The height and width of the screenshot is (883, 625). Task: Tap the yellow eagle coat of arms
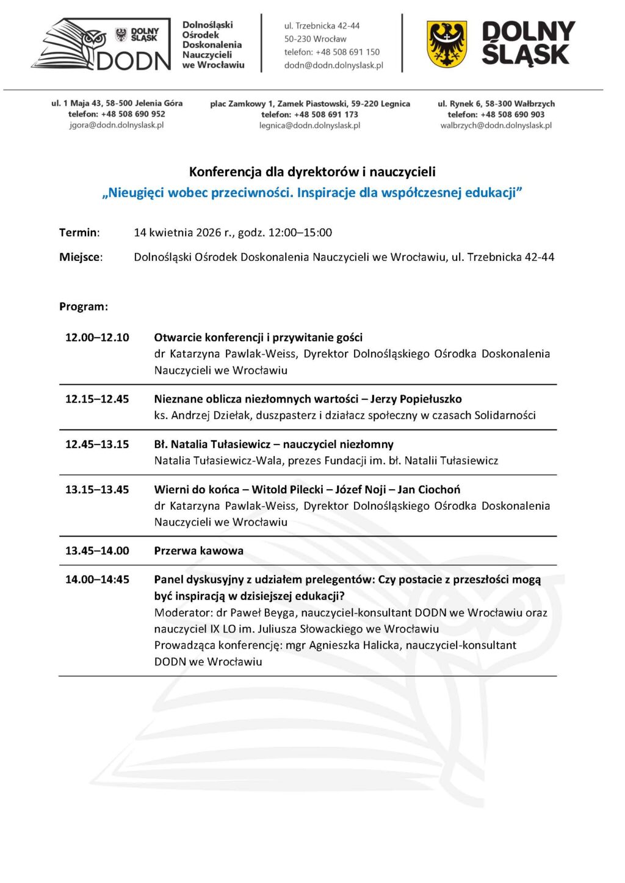447,44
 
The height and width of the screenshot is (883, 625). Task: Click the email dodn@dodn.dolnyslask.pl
333,65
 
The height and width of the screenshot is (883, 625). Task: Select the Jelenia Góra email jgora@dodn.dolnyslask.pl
117,125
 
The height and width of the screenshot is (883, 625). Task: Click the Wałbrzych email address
496,125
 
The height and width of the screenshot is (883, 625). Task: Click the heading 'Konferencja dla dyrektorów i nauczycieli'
312,172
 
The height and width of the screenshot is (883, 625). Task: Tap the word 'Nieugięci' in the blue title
137,193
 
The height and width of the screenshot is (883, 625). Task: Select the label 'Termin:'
79,232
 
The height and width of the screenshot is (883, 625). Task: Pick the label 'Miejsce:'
81,257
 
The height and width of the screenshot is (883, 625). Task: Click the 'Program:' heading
84,306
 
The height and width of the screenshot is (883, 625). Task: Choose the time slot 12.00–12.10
97,337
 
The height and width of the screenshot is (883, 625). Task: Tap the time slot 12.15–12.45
97,399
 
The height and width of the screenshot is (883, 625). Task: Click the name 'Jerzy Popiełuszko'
416,399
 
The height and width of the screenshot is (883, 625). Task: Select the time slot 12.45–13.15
97,444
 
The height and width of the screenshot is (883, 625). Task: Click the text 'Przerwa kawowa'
198,551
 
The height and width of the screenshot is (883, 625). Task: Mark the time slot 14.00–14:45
97,579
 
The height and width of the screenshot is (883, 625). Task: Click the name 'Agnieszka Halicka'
354,645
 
